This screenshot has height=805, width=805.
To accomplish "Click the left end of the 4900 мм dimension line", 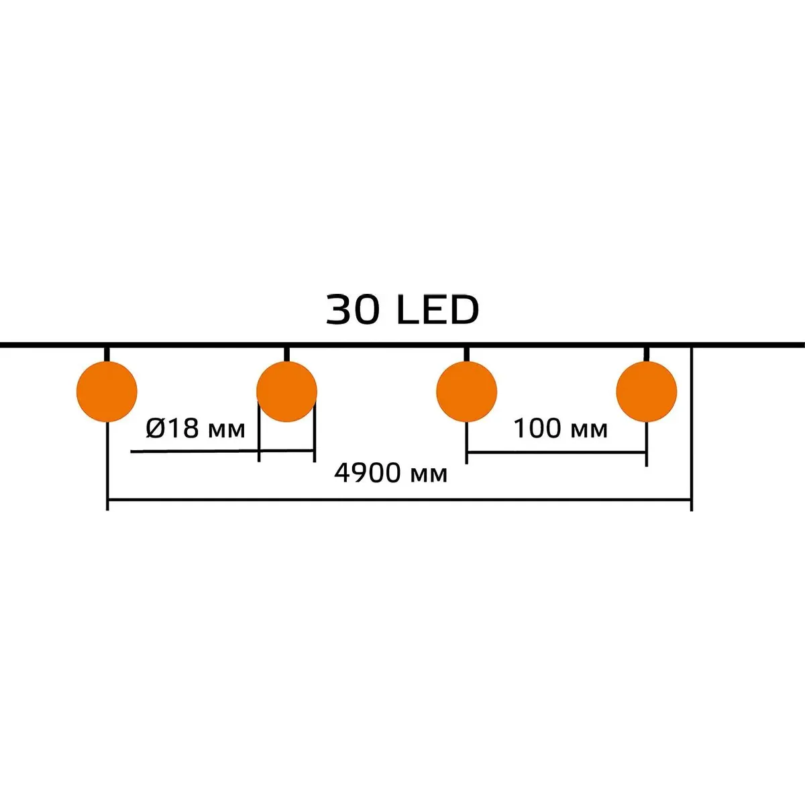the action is click(107, 499).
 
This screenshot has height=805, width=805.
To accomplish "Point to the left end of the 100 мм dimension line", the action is click(467, 452).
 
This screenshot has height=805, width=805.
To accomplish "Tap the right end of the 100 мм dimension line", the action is click(647, 452).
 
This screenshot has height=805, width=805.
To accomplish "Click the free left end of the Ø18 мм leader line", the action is click(131, 451).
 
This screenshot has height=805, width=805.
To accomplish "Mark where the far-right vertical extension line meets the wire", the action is click(692, 345).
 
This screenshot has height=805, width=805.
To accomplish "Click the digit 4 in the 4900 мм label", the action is click(341, 474).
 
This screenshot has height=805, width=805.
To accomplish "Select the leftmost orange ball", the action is click(107, 391).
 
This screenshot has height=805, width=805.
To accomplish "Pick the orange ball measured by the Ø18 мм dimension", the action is click(286, 391).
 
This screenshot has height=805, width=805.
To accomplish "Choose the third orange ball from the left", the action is click(467, 391).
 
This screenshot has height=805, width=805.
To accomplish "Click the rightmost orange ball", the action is click(647, 391).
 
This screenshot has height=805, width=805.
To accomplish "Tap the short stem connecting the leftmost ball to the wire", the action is click(107, 354).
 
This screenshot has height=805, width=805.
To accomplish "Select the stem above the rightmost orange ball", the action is click(647, 354).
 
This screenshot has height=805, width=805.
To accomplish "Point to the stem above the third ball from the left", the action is click(467, 354).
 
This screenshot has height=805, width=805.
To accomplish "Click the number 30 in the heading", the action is click(352, 310).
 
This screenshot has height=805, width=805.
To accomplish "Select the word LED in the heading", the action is click(438, 310).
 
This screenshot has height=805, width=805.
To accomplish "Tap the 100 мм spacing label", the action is click(561, 429).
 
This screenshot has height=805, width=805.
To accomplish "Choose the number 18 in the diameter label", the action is click(184, 429).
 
